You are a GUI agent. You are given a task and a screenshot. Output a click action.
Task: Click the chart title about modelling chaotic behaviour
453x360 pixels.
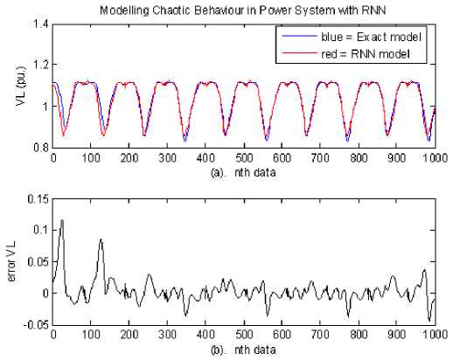(x=242, y=10)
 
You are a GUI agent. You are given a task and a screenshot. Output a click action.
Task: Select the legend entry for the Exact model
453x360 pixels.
(x=351, y=37)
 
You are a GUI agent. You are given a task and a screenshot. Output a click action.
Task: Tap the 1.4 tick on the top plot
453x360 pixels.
(x=41, y=24)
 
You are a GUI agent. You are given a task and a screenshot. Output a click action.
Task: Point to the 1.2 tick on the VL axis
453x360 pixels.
(x=41, y=65)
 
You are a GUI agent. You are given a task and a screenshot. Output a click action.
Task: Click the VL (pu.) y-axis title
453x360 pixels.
(x=21, y=86)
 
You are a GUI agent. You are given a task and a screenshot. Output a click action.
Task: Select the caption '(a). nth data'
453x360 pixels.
(x=243, y=173)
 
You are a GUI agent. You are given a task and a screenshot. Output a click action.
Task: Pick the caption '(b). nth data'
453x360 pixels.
(x=243, y=350)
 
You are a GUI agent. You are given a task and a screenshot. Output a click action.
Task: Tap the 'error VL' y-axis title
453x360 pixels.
(x=12, y=261)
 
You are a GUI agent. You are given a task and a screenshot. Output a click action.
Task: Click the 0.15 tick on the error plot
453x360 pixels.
(x=38, y=199)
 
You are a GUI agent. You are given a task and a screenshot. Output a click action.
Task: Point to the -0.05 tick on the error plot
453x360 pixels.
(x=37, y=324)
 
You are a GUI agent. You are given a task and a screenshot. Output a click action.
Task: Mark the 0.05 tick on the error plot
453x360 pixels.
(x=38, y=262)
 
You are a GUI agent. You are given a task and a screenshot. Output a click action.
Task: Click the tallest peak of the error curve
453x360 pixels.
(x=62, y=220)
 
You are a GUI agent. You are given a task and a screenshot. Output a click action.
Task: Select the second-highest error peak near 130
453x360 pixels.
(x=101, y=239)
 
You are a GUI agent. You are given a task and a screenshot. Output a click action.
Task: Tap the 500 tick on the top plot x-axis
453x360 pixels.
(x=244, y=158)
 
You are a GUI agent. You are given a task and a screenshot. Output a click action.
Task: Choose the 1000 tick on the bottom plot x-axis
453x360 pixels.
(x=436, y=335)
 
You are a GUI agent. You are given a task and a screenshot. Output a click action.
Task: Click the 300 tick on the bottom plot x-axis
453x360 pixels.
(x=167, y=335)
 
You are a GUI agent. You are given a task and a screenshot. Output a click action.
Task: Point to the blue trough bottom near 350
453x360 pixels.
(x=185, y=141)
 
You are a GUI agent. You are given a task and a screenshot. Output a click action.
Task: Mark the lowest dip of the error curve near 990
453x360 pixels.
(x=429, y=321)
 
